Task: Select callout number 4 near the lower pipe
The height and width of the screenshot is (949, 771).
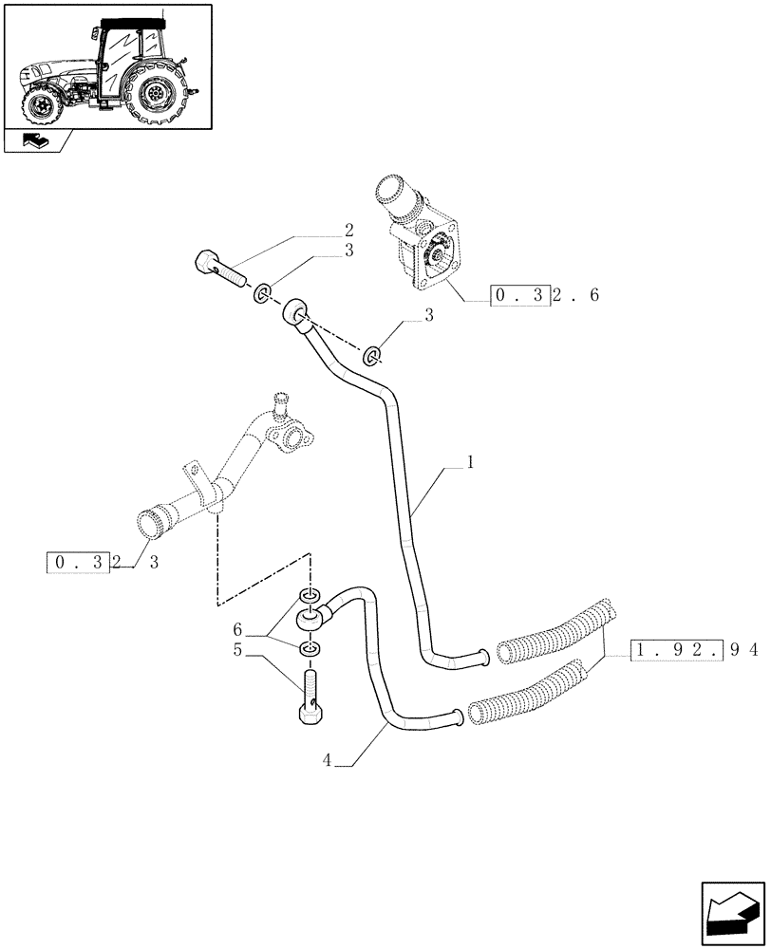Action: pyautogui.click(x=328, y=759)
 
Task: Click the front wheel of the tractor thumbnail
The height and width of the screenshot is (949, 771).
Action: pyautogui.click(x=43, y=103)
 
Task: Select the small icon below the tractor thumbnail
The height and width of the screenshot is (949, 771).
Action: pyautogui.click(x=36, y=143)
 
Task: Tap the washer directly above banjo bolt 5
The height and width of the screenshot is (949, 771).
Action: pyautogui.click(x=310, y=650)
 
